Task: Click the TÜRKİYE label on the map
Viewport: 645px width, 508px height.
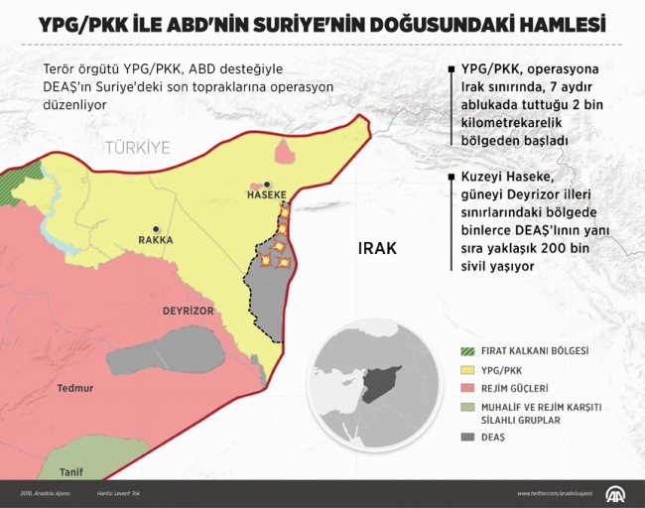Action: pyautogui.click(x=139, y=148)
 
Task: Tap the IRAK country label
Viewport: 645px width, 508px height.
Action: pyautogui.click(x=377, y=248)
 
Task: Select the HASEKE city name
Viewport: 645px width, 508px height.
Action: pyautogui.click(x=266, y=195)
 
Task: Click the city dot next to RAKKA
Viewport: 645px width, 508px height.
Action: pyautogui.click(x=154, y=227)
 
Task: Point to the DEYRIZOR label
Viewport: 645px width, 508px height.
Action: pyautogui.click(x=189, y=311)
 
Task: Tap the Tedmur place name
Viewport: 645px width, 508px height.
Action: pyautogui.click(x=75, y=389)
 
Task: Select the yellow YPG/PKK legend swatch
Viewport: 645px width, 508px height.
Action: pyautogui.click(x=469, y=369)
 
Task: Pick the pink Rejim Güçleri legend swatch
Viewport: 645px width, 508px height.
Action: pyautogui.click(x=469, y=388)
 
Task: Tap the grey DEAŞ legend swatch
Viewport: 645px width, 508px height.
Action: pyautogui.click(x=469, y=438)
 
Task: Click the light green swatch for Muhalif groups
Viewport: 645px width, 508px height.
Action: pyautogui.click(x=469, y=407)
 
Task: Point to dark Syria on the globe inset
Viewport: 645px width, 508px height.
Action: pyautogui.click(x=378, y=383)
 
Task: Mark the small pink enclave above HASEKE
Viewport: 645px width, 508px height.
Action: pyautogui.click(x=286, y=153)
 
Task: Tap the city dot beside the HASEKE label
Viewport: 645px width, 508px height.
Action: pyautogui.click(x=267, y=184)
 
